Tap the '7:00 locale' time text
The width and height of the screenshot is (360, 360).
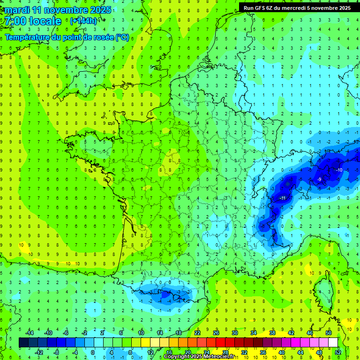point(32,21)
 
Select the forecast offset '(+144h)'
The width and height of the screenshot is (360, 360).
point(83,21)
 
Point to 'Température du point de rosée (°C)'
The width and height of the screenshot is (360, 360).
point(67,37)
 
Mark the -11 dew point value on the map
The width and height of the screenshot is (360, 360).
point(283,198)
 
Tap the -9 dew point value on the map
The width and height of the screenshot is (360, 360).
point(319,180)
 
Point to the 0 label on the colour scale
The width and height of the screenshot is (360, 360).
point(92,352)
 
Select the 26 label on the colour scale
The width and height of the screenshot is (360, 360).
point(216,333)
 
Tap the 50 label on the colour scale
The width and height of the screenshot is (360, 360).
point(329,333)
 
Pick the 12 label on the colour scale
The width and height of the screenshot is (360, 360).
point(150,352)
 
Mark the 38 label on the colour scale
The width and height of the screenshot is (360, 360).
point(272,333)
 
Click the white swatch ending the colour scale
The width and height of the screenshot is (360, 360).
point(333,343)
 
